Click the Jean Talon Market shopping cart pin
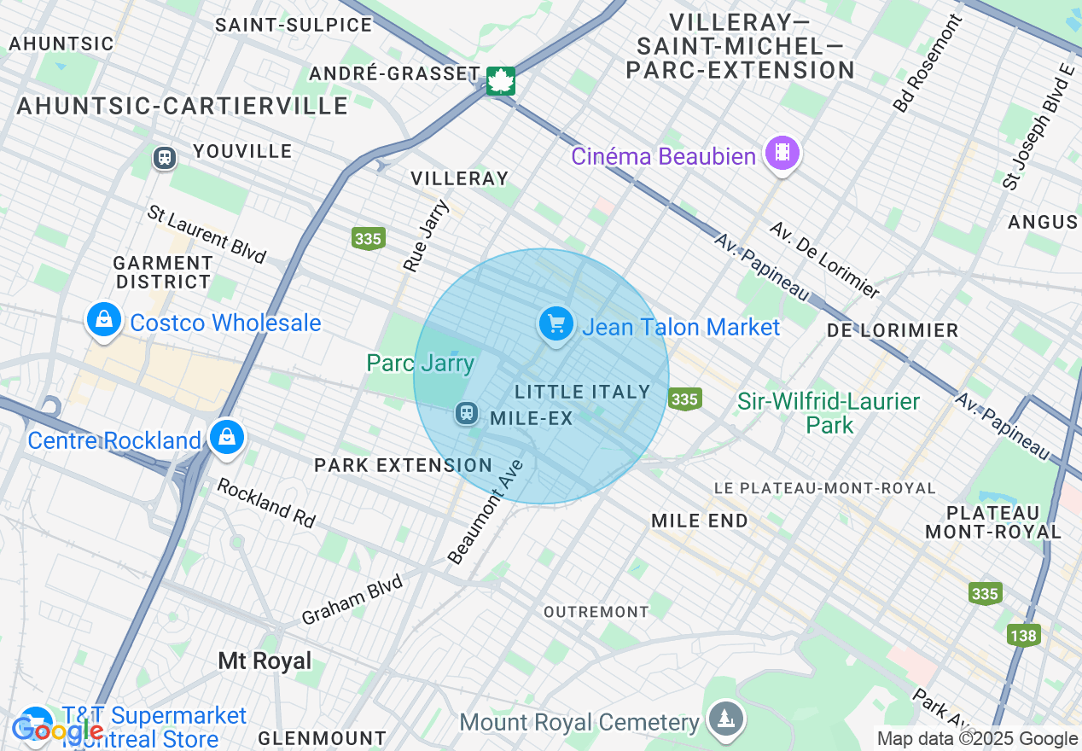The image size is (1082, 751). click(x=556, y=325)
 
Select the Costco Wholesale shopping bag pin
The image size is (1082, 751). click(x=103, y=321)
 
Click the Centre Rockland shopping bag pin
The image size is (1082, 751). click(x=227, y=437)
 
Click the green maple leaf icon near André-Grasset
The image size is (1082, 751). click(x=500, y=81)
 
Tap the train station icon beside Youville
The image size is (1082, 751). click(x=164, y=158)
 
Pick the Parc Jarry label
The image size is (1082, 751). click(x=420, y=363)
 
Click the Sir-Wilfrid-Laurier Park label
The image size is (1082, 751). click(x=829, y=412)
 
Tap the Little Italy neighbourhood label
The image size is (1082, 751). click(x=583, y=392)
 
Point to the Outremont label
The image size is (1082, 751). click(x=596, y=612)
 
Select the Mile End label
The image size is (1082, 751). click(x=699, y=521)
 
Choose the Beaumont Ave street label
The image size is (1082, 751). click(x=485, y=513)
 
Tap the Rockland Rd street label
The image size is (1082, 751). click(x=265, y=502)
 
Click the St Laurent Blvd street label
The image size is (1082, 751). click(x=207, y=233)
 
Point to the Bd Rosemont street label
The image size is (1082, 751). click(x=928, y=64)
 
